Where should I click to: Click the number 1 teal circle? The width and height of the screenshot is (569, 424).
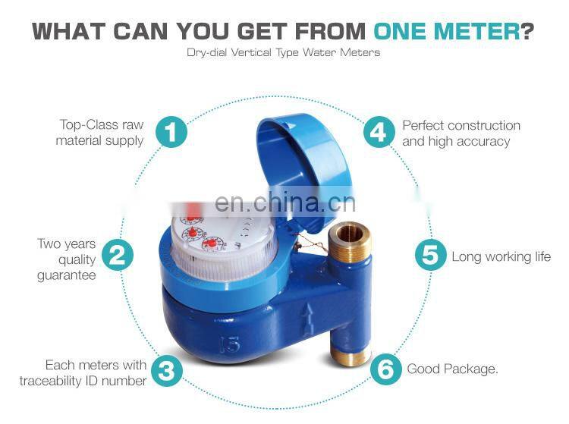pos(171,132)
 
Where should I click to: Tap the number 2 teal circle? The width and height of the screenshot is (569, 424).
pos(116,255)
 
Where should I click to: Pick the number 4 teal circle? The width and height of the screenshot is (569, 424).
pos(379,132)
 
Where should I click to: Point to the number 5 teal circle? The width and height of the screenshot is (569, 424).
pos(430,255)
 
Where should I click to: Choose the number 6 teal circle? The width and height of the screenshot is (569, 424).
pos(386,369)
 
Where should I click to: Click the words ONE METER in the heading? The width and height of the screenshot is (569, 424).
pos(445,32)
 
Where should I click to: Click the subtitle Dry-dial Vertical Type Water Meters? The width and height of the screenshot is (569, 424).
pos(283,53)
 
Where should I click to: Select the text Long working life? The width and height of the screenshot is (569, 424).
pos(501,257)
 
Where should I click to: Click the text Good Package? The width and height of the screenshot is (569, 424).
pos(453,369)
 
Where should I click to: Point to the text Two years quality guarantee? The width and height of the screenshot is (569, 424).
pos(67,259)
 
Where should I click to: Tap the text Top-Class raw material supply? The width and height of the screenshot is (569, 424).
pos(100,133)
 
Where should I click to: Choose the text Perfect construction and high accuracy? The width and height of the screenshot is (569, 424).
pos(461,133)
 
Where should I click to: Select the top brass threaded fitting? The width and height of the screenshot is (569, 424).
pos(350,242)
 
